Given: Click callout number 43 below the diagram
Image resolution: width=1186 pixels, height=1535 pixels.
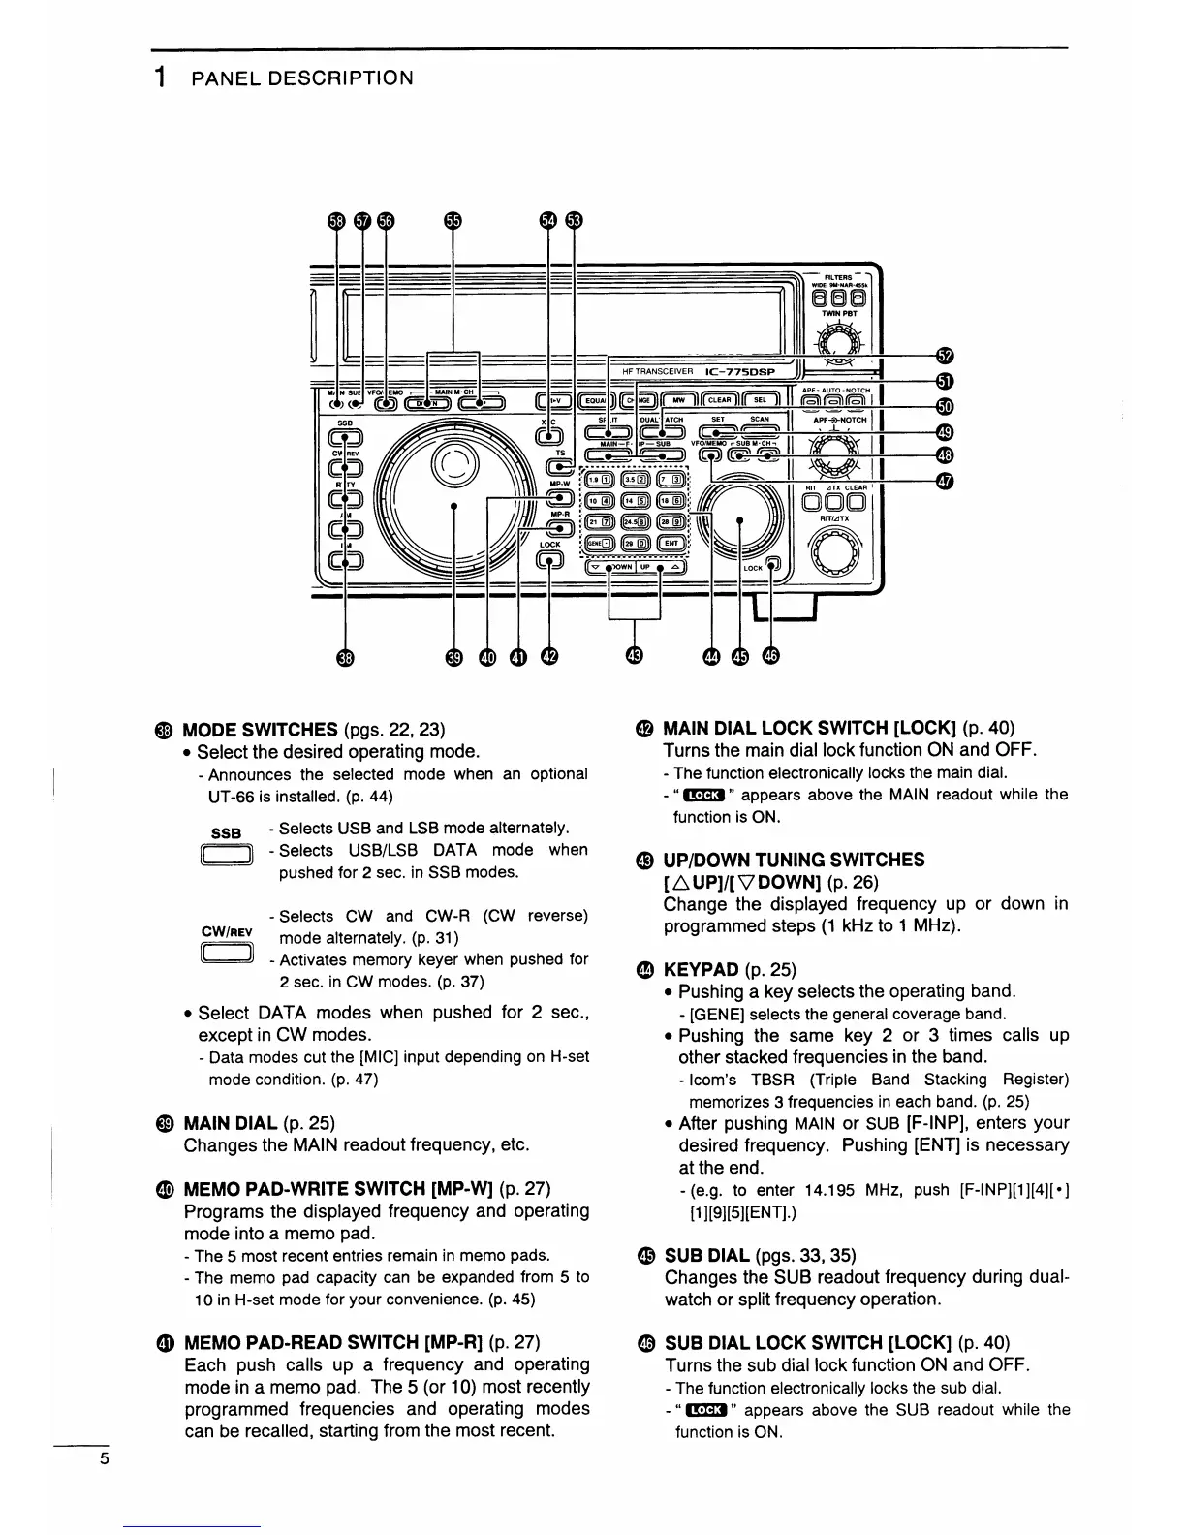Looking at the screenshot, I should [634, 657].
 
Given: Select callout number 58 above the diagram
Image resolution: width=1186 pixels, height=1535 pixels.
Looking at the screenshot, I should [336, 220].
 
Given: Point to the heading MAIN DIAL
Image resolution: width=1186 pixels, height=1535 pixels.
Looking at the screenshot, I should [231, 1123].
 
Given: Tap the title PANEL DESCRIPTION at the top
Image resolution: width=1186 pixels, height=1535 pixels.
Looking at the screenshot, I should [302, 78].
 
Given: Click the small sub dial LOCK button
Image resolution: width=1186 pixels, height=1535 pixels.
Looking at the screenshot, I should [773, 566].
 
